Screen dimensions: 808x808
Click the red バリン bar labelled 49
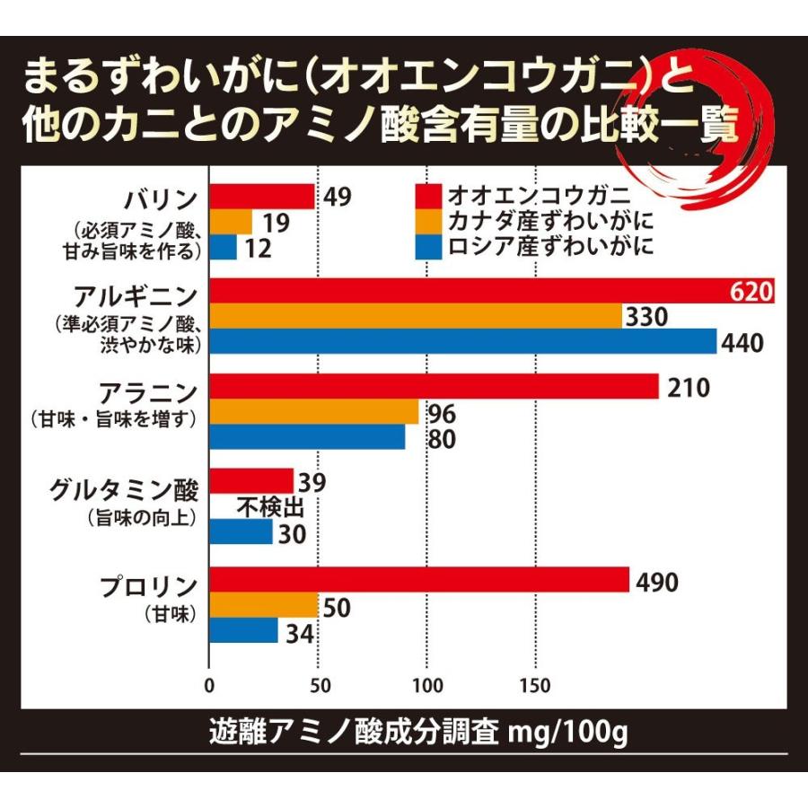[x=262, y=197]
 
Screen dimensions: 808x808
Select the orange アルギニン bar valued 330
[x=416, y=317]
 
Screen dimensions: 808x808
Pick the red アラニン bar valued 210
[x=435, y=387]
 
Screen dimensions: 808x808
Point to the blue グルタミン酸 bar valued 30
[x=241, y=532]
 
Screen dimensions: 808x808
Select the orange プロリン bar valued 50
[x=264, y=606]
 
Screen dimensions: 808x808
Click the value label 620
[x=751, y=292]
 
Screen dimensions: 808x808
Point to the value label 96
[x=444, y=414]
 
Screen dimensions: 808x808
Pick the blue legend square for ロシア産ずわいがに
[x=430, y=246]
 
